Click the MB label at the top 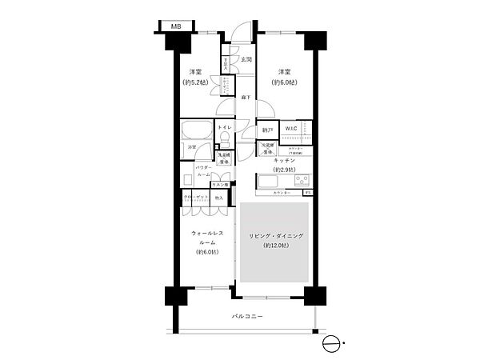point(174,26)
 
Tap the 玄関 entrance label point(247,60)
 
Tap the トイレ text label point(226,127)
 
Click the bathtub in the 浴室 point(195,132)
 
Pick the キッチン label point(284,161)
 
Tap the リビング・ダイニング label point(274,236)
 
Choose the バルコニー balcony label point(247,317)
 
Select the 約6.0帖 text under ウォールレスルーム point(206,251)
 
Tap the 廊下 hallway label point(246,98)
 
